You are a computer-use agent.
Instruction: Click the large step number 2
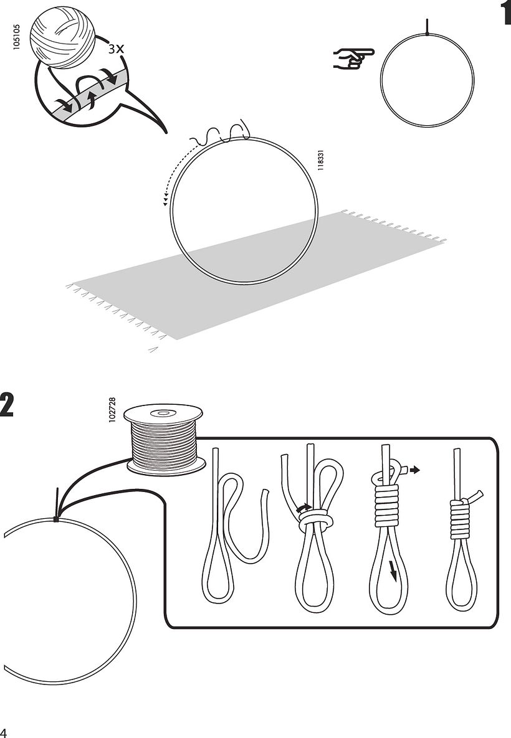click(7, 405)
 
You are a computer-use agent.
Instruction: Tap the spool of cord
click(165, 439)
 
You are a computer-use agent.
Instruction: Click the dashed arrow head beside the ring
click(165, 201)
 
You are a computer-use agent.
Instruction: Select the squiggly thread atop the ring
click(221, 132)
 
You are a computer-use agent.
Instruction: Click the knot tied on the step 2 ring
click(56, 518)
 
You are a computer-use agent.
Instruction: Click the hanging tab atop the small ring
click(427, 26)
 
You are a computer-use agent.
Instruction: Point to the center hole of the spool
click(164, 412)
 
